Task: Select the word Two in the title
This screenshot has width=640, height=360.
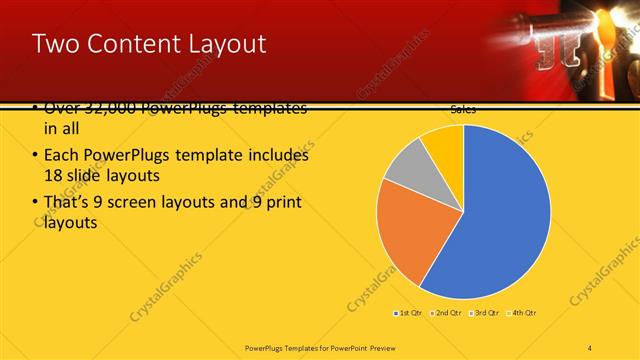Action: click(x=52, y=44)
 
